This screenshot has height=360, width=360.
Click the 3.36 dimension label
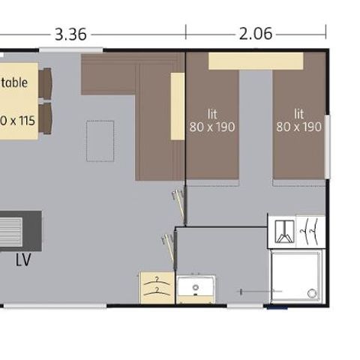70,34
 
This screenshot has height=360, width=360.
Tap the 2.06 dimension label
255,34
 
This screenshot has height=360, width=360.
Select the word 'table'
14,82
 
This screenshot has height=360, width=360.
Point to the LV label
22,261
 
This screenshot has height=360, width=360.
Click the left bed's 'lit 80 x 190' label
212,121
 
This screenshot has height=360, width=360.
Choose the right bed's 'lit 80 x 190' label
298,121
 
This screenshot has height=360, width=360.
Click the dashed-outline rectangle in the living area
100,140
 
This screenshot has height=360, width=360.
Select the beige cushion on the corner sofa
178,105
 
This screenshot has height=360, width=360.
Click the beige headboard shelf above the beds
255,61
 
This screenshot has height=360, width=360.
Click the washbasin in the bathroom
196,289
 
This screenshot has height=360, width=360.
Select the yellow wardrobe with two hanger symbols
157,288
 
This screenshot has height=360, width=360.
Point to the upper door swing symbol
178,199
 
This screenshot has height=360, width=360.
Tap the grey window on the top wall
60,50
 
